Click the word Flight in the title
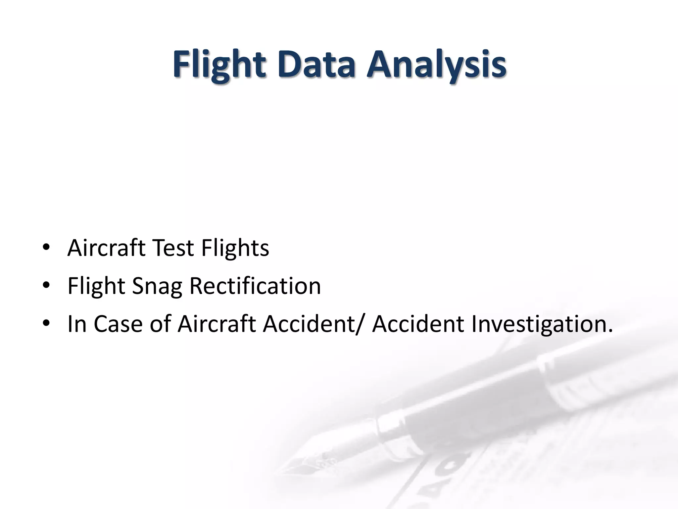point(219,64)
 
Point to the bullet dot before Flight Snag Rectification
point(46,285)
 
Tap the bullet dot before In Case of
point(46,323)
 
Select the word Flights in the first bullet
point(235,248)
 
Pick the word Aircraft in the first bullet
point(106,248)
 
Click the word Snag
point(157,286)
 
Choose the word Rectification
point(255,286)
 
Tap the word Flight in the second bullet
point(96,286)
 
